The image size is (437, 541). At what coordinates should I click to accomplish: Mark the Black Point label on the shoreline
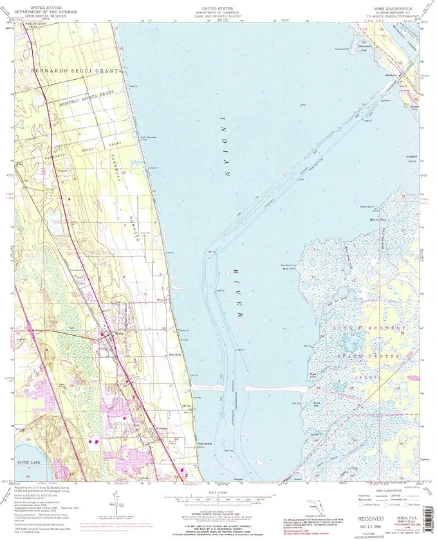[288, 270]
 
